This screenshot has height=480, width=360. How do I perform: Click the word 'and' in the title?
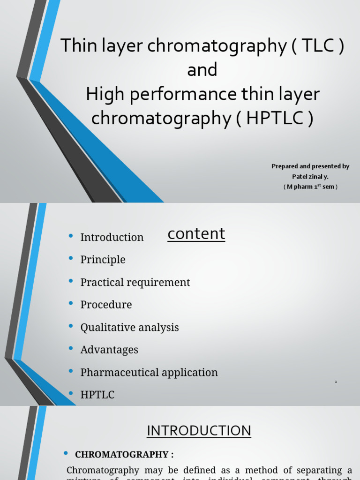[x=202, y=70]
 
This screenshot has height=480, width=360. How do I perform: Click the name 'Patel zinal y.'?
[x=310, y=176]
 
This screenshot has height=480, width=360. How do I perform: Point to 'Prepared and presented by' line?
[x=310, y=166]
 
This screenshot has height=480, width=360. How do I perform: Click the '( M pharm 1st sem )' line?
[x=310, y=187]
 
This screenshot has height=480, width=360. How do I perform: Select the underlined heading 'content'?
[x=196, y=233]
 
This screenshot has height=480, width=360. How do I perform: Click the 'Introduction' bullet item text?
[x=112, y=237]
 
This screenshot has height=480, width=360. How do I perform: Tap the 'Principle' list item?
[x=103, y=260]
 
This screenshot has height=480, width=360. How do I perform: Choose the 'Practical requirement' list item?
[x=135, y=282]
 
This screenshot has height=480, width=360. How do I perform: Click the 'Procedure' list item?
[x=106, y=305]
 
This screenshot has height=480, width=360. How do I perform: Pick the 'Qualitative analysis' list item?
[x=129, y=327]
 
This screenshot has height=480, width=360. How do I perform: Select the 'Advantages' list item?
[x=109, y=350]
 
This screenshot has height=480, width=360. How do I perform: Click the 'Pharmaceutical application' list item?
[x=149, y=372]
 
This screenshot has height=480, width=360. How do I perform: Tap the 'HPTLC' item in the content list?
[x=97, y=395]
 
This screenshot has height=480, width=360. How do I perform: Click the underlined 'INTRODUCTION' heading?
[x=199, y=430]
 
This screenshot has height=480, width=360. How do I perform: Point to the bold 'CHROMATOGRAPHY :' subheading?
[x=124, y=454]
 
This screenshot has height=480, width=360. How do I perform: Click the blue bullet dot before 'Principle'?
[x=71, y=259]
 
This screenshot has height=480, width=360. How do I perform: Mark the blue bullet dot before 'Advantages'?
[x=71, y=349]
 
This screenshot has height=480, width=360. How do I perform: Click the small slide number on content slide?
[x=336, y=382]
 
